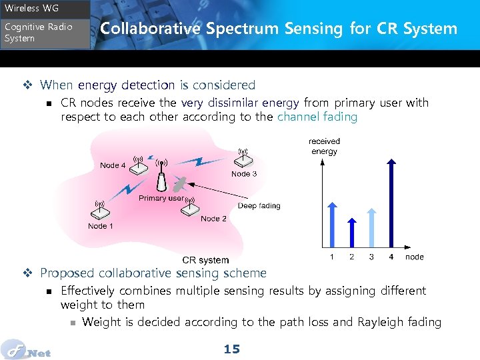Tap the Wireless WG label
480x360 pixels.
pos(31,9)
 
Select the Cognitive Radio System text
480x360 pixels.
pos(38,33)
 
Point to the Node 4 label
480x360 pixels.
pos(113,165)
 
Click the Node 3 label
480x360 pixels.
pos(244,174)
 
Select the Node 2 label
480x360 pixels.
pos(213,219)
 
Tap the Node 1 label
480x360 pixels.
pos(101,226)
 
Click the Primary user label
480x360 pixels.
pos(161,198)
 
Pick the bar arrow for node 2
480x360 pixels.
pos(352,233)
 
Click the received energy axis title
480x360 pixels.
pos(324,146)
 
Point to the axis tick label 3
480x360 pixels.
pos(371,257)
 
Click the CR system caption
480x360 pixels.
pos(205,260)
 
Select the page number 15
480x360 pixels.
pos(231,349)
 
